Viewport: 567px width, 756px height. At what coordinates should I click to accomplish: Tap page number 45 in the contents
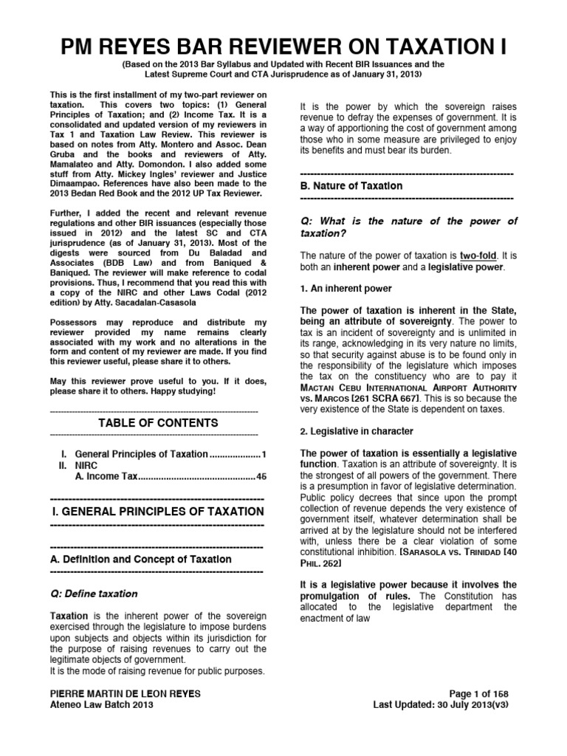pos(261,477)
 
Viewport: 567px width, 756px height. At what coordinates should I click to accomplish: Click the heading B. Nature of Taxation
pos(352,186)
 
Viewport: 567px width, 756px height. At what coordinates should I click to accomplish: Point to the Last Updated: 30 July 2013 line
pos(440,704)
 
